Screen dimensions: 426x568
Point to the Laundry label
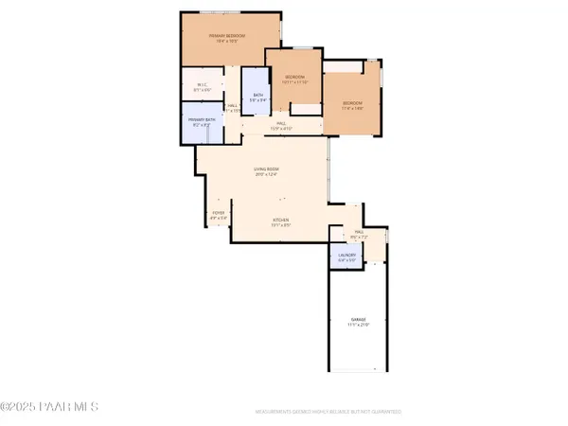coord(346,255)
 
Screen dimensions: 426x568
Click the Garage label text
coord(358,320)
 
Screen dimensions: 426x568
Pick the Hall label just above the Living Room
coord(281,123)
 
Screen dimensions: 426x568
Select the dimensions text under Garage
coord(358,326)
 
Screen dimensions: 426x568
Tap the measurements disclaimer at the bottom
coord(328,412)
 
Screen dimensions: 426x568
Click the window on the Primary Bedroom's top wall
coord(225,13)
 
